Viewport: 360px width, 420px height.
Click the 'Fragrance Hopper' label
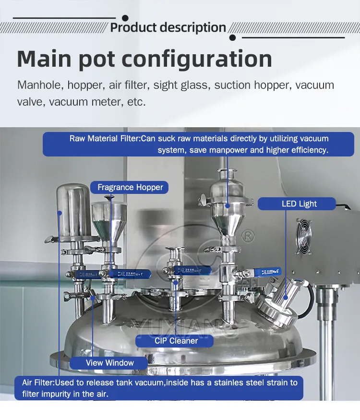[130, 187]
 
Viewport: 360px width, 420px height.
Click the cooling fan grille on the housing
[304, 236]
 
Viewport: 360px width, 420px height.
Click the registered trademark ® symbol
[248, 236]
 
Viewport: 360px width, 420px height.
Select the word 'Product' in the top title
[133, 27]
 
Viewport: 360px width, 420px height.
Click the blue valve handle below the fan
[267, 272]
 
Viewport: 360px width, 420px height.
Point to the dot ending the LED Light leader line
[286, 297]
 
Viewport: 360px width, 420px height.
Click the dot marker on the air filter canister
[60, 213]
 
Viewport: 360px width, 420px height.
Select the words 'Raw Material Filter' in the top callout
[105, 139]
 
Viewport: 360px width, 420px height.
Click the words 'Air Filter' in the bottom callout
[38, 383]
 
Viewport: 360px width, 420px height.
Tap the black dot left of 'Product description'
[125, 18]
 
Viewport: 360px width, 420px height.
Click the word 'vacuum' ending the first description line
[314, 85]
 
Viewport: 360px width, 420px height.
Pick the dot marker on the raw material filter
[228, 206]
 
